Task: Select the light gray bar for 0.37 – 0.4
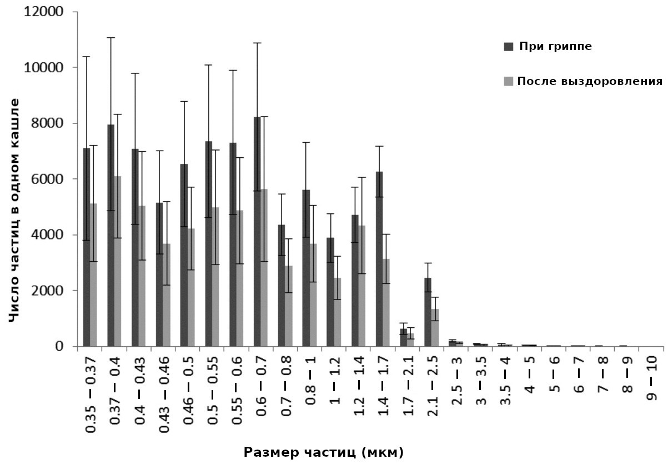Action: pos(118,261)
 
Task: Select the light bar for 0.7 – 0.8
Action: pos(289,306)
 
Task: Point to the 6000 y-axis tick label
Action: pos(47,179)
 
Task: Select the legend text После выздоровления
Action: pos(590,81)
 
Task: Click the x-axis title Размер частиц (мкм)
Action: pos(323,451)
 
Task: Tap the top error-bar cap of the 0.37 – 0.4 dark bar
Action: pos(111,38)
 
